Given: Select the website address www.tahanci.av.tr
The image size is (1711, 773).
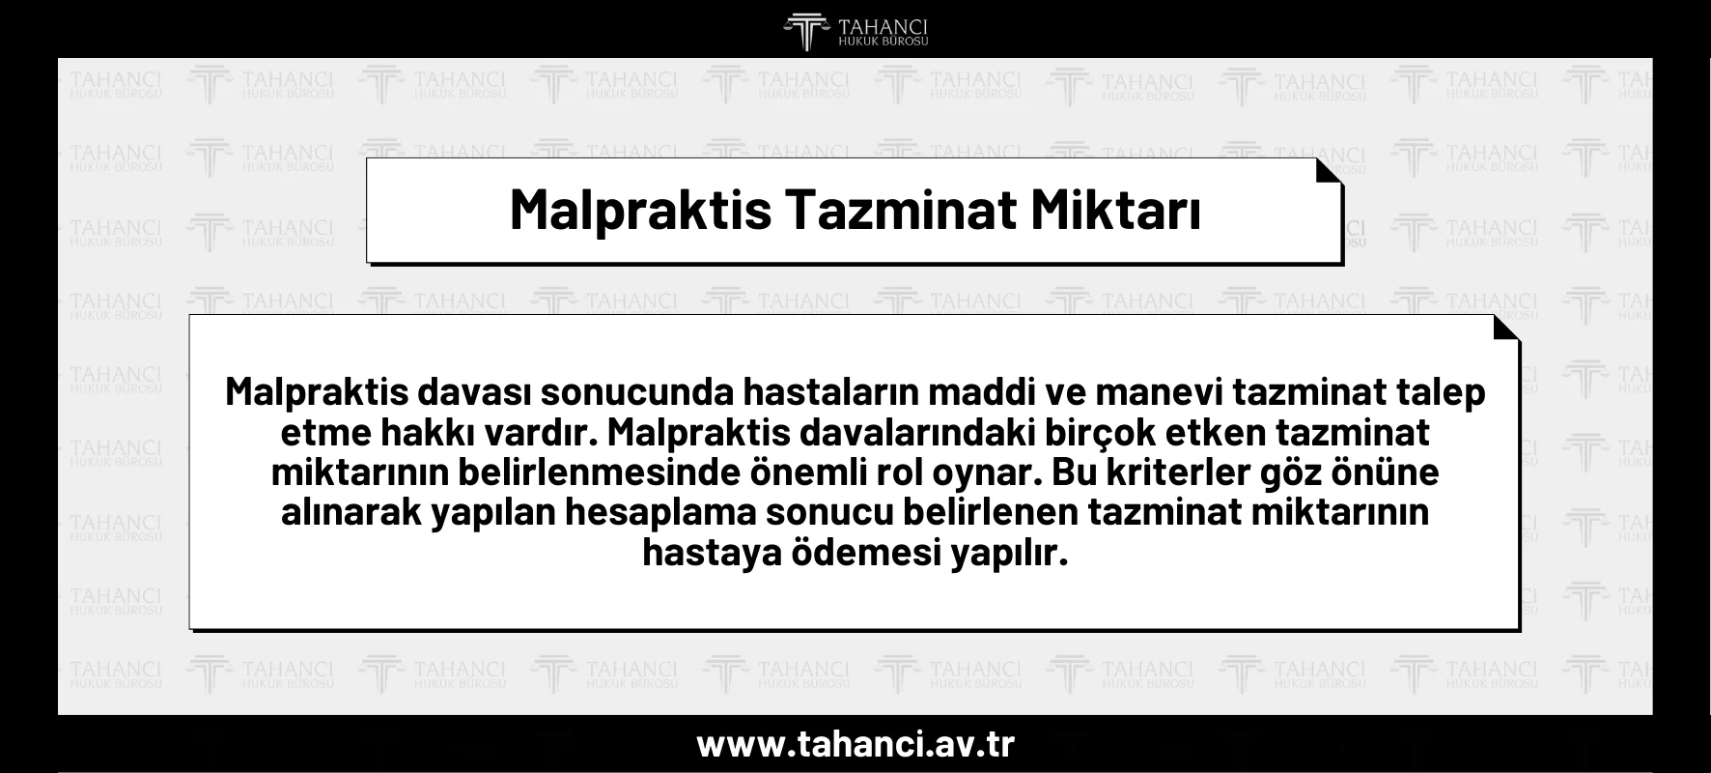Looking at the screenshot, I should pyautogui.click(x=855, y=745).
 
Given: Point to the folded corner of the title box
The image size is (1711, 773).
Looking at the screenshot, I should pyautogui.click(x=1329, y=171).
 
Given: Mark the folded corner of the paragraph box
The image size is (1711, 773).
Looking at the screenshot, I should pyautogui.click(x=1506, y=329).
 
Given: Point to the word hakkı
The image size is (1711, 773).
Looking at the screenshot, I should pyautogui.click(x=430, y=434).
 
